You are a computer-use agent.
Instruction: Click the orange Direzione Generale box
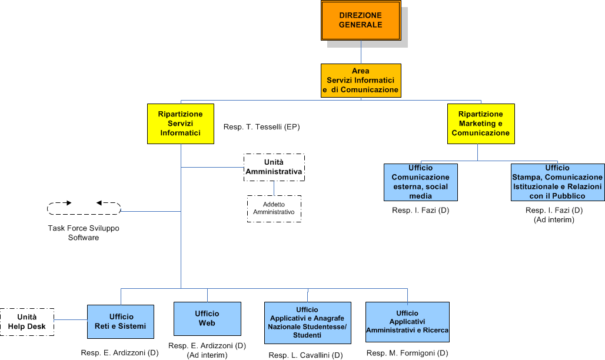(x=361, y=21)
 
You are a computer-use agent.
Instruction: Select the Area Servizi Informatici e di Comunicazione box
(x=361, y=81)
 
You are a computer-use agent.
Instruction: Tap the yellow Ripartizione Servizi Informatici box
(x=181, y=124)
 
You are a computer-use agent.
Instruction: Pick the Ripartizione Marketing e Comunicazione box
(x=481, y=124)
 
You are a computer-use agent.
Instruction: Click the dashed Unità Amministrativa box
(x=274, y=167)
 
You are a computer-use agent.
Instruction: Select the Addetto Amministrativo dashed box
(x=274, y=208)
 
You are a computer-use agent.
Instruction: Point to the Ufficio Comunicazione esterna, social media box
(x=420, y=182)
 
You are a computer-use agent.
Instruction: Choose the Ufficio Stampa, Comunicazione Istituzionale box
(x=557, y=182)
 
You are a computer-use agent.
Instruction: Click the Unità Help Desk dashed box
(x=27, y=322)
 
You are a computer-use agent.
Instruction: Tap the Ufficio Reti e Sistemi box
(x=121, y=322)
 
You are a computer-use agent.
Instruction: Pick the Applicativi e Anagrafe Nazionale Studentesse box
(x=307, y=322)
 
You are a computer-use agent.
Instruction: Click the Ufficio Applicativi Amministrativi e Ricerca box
(x=407, y=322)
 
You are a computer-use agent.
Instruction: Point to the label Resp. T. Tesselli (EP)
(x=262, y=127)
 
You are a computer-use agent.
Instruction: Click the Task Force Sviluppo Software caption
(x=84, y=233)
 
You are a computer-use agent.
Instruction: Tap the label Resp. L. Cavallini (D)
(x=305, y=355)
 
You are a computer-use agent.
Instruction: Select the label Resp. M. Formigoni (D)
(x=407, y=353)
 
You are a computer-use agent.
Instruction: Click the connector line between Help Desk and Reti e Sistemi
(x=71, y=320)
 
